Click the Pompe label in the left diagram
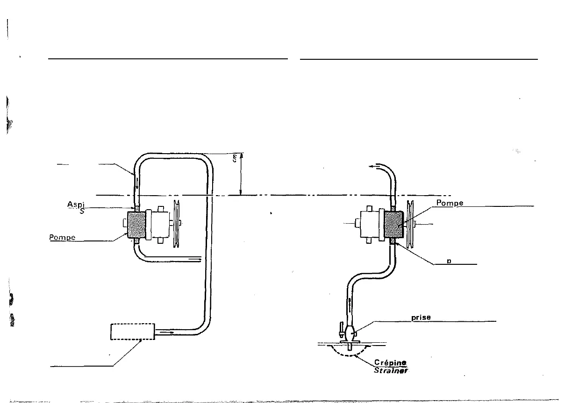point(63,237)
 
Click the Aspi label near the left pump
point(75,205)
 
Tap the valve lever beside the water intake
point(341,329)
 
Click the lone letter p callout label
point(449,261)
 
